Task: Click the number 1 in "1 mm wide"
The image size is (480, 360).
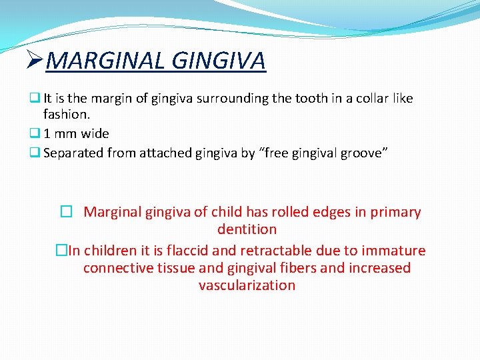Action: coord(48,133)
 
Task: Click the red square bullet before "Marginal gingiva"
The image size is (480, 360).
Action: coord(65,213)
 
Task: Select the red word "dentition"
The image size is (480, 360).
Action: coord(247,229)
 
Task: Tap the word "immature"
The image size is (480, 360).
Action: coord(394,251)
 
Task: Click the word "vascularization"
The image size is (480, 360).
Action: coord(247,285)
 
